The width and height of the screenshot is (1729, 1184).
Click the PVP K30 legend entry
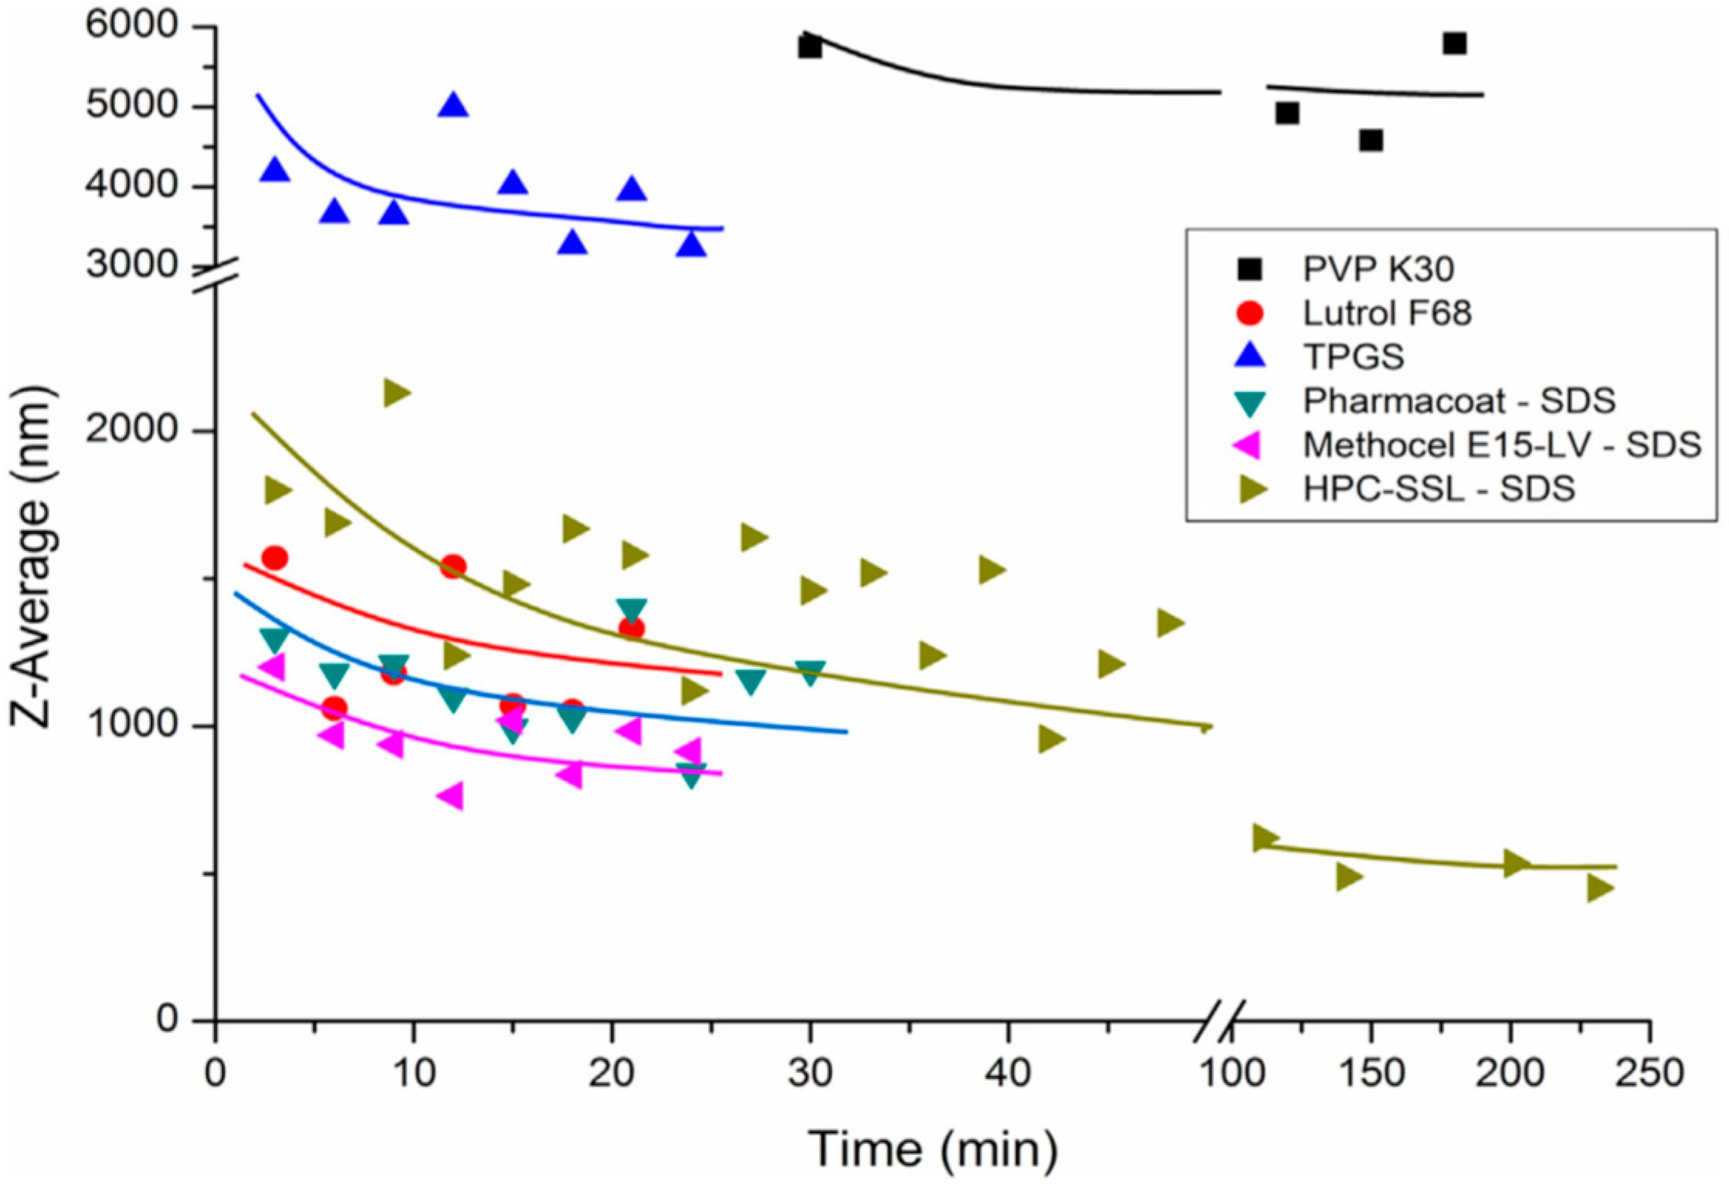click(1378, 269)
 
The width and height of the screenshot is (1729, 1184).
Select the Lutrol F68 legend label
click(1387, 313)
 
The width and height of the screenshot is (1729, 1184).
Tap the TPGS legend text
click(1353, 357)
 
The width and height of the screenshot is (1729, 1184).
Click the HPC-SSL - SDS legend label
click(1439, 489)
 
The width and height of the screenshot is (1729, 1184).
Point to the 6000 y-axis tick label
click(132, 25)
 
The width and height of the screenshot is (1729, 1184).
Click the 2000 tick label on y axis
click(132, 429)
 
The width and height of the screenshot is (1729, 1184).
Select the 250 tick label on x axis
click(1649, 1073)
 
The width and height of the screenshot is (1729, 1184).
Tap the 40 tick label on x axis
click(1008, 1073)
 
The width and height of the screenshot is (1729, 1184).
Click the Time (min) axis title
click(932, 1148)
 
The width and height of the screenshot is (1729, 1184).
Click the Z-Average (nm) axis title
click(32, 556)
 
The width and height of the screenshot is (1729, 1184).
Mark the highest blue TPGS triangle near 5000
click(453, 106)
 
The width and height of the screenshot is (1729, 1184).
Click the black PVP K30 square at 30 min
click(809, 48)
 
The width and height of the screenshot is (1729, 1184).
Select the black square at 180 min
click(1454, 43)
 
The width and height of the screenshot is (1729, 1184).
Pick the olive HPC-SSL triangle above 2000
click(395, 393)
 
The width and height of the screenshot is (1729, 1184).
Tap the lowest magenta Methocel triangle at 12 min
click(452, 795)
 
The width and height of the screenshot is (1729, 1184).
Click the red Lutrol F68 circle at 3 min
click(275, 557)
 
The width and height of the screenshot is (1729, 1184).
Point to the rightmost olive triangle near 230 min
click(1599, 888)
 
